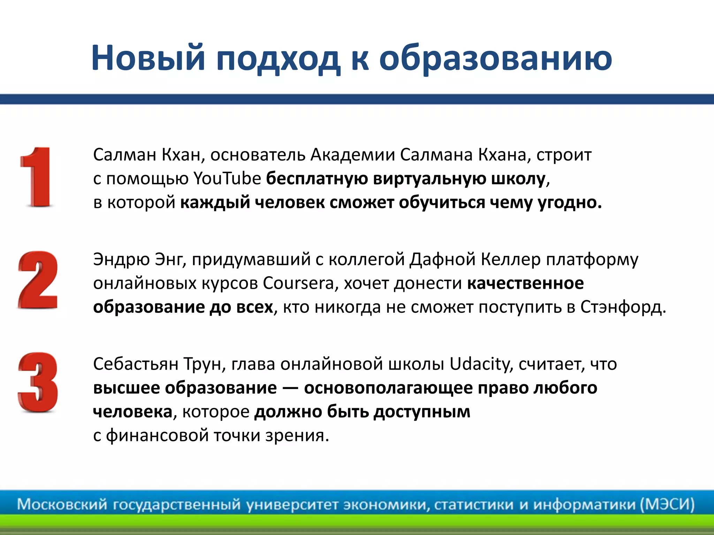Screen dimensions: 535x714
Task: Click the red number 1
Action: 37,178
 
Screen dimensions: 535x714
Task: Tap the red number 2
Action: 38,280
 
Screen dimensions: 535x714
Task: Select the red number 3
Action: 38,382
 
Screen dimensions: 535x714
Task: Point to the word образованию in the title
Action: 495,57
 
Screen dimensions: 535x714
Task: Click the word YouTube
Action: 227,179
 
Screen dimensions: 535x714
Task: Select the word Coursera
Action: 298,283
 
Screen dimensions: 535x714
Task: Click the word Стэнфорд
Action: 623,307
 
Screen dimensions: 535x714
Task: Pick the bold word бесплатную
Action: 317,179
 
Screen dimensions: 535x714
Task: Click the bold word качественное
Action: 525,283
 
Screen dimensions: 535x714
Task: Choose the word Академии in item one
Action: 352,155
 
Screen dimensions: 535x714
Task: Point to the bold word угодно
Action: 570,203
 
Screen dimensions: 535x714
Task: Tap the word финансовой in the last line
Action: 157,435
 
